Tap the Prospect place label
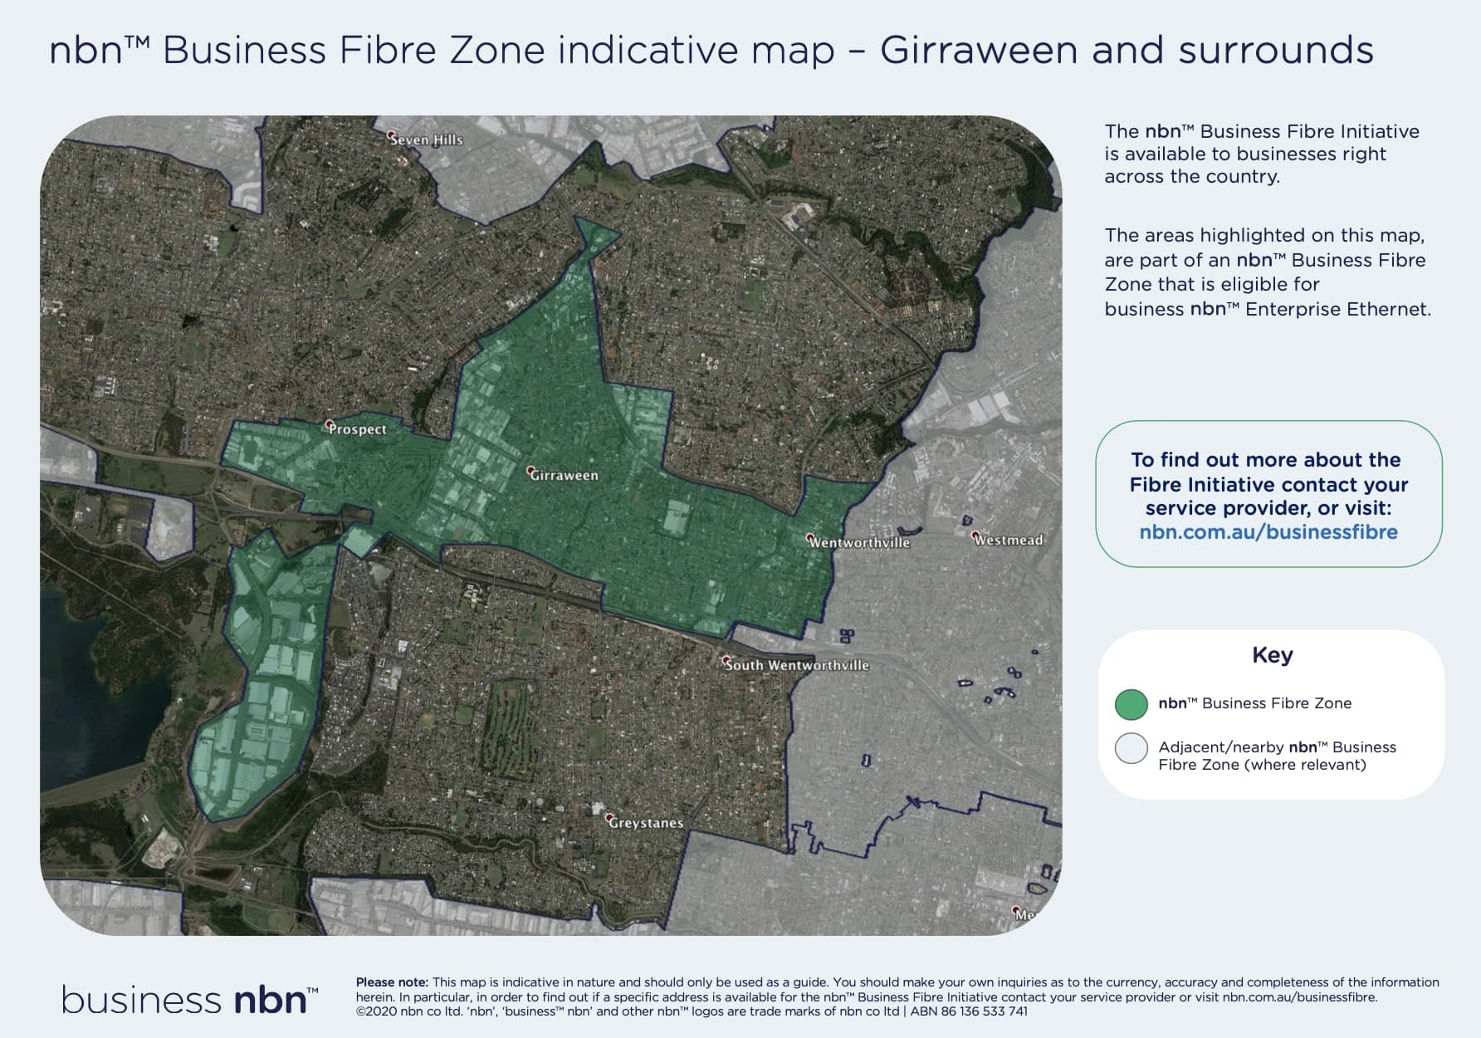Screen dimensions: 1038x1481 click(358, 429)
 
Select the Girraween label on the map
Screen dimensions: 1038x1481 click(565, 476)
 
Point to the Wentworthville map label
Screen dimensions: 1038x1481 click(860, 542)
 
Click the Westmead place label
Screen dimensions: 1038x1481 click(1009, 540)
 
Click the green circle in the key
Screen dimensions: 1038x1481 click(1132, 704)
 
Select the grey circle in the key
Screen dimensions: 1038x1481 click(1132, 748)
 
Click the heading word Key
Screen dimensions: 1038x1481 click(1272, 655)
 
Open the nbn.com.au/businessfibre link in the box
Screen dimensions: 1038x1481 click(1268, 532)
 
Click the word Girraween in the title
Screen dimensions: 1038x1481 click(978, 50)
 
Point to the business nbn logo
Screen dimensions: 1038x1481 click(190, 999)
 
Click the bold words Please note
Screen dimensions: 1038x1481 click(392, 982)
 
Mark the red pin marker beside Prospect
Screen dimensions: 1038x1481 click(329, 424)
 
